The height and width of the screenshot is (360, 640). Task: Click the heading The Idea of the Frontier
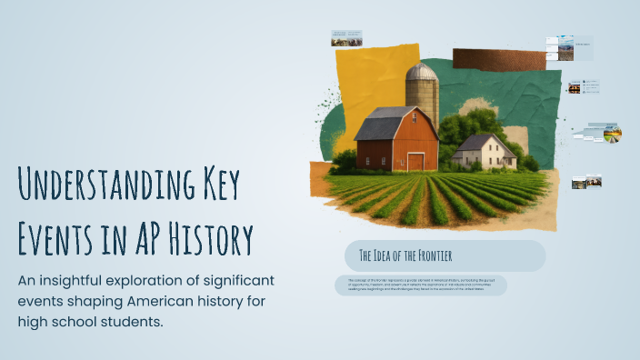405,255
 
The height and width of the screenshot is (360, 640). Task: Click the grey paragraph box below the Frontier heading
420,285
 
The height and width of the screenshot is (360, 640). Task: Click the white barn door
415,162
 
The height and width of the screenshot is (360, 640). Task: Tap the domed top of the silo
422,72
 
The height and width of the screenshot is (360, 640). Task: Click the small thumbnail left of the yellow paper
346,38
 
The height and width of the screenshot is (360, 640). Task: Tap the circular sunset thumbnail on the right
613,135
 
